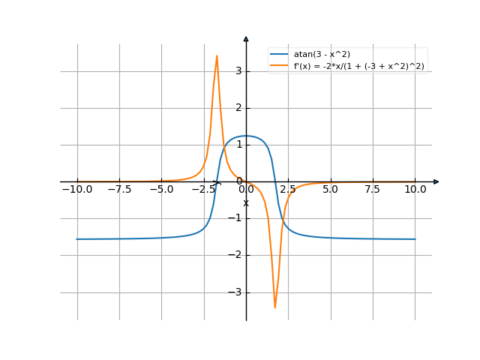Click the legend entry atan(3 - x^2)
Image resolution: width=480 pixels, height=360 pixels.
[x=322, y=54]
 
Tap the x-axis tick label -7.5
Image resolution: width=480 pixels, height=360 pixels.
[x=119, y=190]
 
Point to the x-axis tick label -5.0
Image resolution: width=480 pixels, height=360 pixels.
[x=161, y=190]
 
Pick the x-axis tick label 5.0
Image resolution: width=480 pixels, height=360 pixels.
[x=331, y=190]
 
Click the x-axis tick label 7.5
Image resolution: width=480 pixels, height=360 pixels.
[x=373, y=190]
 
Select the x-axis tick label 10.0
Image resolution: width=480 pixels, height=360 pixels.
[x=415, y=190]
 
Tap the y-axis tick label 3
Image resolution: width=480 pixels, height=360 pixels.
[x=239, y=71]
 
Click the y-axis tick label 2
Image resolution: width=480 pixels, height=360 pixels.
[x=239, y=108]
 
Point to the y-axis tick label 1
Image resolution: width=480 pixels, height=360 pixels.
[x=239, y=145]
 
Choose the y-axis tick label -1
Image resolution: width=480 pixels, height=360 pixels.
[x=237, y=218]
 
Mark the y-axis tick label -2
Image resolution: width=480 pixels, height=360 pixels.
[x=237, y=255]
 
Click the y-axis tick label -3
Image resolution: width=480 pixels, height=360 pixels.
[x=237, y=292]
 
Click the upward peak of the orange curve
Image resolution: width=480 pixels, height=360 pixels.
[x=217, y=55]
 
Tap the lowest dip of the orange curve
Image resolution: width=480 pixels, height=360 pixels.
[x=275, y=307]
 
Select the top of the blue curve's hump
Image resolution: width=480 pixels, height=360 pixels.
[x=246, y=136]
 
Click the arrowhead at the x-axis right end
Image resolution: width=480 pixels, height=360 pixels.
[x=436, y=181]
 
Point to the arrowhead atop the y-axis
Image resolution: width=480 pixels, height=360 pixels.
[x=246, y=37]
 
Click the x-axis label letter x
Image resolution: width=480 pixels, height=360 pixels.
[x=245, y=202]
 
